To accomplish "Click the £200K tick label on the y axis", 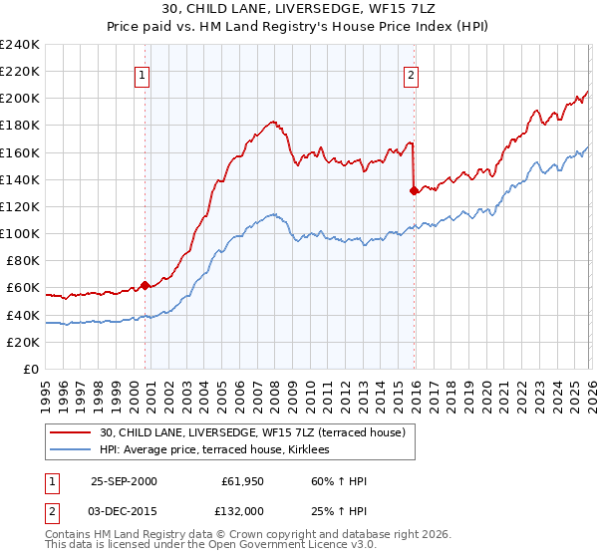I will [19, 99].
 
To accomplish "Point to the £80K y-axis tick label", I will [22, 261].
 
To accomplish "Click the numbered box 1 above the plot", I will [143, 74].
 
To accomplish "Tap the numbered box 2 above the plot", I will [411, 74].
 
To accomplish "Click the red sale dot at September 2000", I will [146, 285].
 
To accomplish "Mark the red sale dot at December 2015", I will [413, 190].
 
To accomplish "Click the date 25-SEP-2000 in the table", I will [124, 481].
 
